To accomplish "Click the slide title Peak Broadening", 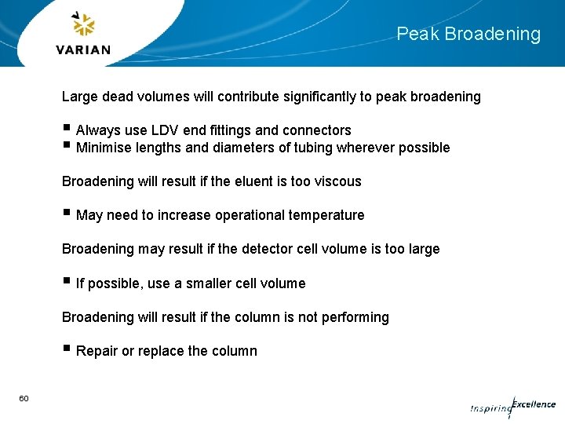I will (468, 35).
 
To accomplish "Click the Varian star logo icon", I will (83, 25).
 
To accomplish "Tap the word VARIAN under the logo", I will (83, 49).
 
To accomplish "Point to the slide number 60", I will (24, 399).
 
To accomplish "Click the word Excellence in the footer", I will (534, 404).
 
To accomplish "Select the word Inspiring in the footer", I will (490, 408).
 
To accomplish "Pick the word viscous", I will (337, 181).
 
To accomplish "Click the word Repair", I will (97, 351).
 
